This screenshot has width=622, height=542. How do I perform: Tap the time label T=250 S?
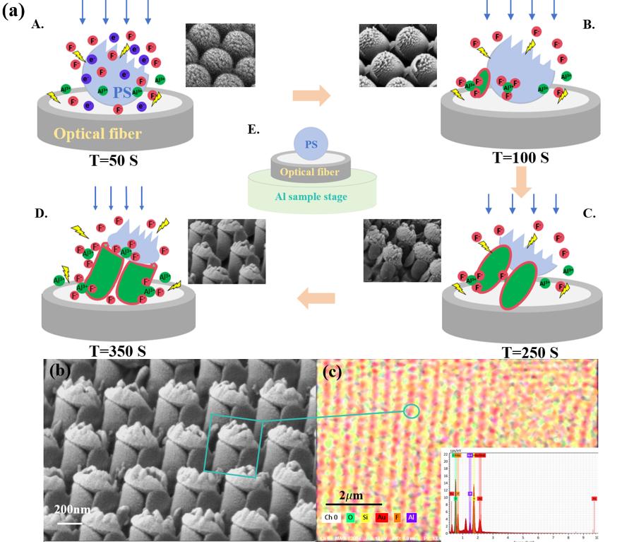pyautogui.click(x=529, y=352)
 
